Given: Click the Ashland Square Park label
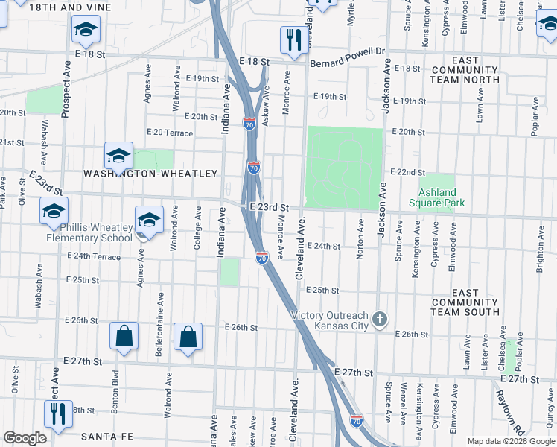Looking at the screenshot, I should pos(436,197).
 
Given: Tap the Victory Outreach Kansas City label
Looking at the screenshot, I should pos(331,320).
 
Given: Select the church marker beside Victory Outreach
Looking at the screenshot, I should pos(380,320).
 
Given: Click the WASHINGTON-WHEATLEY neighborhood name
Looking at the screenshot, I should pos(150,174).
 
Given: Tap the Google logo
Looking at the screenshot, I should pos(25,438).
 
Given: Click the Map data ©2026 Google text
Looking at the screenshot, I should pos(511,441).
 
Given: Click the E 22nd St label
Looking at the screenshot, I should pos(406,171).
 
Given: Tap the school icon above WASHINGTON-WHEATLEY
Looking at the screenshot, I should pos(118,156).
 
